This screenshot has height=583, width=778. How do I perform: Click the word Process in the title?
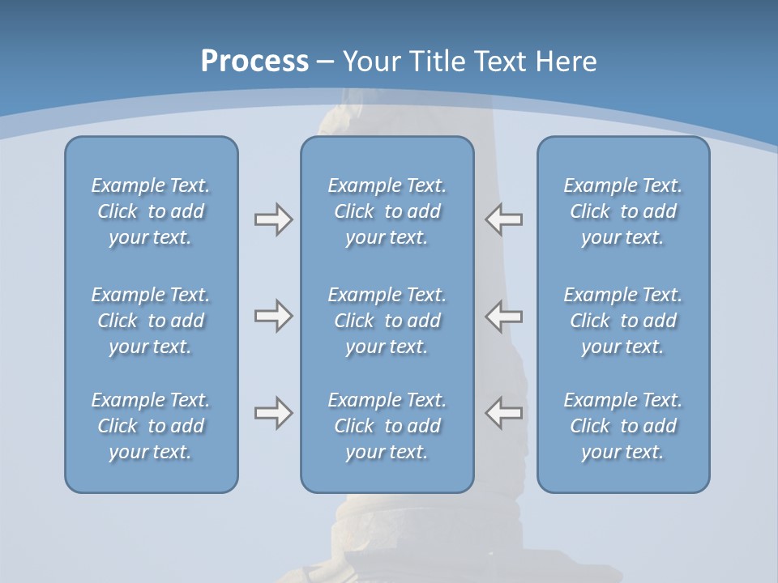[254, 62]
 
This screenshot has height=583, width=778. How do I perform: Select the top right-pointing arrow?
[273, 219]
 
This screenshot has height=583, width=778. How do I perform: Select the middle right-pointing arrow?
[273, 316]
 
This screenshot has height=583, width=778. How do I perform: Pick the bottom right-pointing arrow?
[273, 413]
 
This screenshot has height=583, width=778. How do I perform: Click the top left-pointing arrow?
[504, 219]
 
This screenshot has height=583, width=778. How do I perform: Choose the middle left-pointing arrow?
[504, 316]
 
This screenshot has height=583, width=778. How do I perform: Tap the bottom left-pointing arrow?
[504, 413]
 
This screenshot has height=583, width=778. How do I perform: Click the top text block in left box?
[151, 211]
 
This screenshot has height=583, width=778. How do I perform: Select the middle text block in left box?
[151, 321]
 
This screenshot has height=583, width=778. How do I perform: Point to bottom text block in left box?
[151, 426]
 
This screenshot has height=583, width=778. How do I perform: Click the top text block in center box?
[387, 211]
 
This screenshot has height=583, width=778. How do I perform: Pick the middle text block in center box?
[387, 321]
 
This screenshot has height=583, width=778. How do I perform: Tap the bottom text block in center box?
[387, 426]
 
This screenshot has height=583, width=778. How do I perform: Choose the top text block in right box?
[623, 211]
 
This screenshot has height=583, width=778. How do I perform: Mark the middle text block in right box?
[623, 321]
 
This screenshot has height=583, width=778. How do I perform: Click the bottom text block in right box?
[623, 426]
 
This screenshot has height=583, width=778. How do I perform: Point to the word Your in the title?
[370, 62]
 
